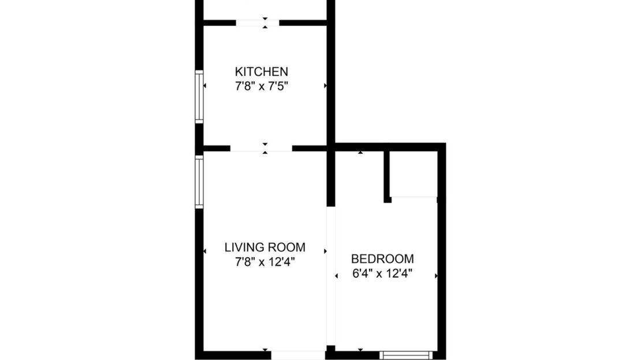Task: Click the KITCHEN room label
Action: click(x=261, y=72)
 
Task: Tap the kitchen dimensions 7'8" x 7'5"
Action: click(x=261, y=87)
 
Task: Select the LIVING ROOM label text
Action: click(x=264, y=247)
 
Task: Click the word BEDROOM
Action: click(x=382, y=258)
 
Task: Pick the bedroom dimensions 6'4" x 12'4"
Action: click(x=382, y=273)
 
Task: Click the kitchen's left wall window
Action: click(x=199, y=97)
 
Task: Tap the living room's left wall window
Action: click(x=199, y=182)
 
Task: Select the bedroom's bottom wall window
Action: click(x=405, y=355)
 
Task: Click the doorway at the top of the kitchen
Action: click(x=257, y=23)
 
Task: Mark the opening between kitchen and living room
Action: click(x=261, y=149)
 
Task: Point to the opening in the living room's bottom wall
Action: click(x=297, y=355)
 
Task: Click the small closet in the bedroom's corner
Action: click(x=413, y=173)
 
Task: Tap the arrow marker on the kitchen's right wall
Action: click(x=326, y=86)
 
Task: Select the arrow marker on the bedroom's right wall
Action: click(x=436, y=276)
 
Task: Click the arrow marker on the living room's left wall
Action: click(x=205, y=251)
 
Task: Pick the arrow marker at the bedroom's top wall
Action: click(x=361, y=153)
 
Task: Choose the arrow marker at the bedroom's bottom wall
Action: click(x=361, y=350)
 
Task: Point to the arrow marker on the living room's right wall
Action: click(x=326, y=251)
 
